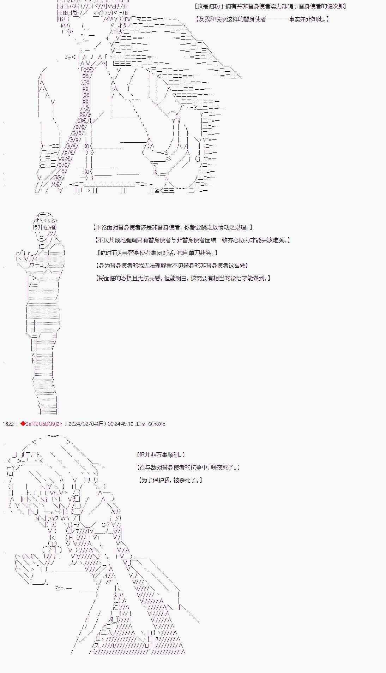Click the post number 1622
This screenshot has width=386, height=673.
tap(8, 424)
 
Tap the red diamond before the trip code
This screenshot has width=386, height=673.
tap(23, 424)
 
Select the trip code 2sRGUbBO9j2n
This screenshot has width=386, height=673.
tap(44, 424)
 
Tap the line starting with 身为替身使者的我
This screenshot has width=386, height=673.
tap(171, 266)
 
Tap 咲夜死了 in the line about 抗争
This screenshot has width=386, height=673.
tap(224, 467)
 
